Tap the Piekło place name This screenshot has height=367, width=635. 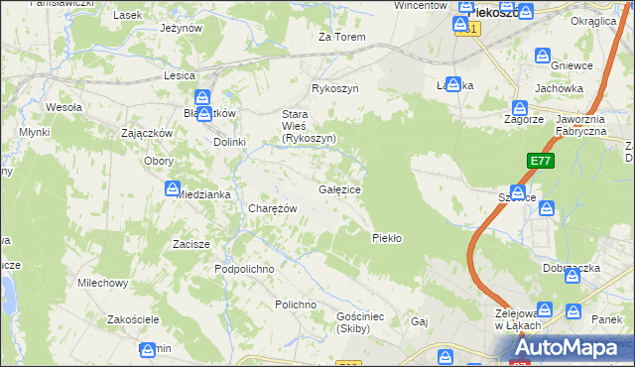point(385,238)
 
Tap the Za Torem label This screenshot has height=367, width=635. point(341,38)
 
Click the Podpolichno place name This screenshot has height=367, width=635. point(244,270)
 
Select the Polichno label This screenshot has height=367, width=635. point(296,305)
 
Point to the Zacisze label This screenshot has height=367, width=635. point(190,244)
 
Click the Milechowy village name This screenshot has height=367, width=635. point(103,283)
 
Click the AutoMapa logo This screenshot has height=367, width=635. point(575,348)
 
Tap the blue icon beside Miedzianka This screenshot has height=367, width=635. point(172,187)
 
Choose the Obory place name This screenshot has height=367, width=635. point(159,161)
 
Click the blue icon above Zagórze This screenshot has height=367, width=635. point(518,107)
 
